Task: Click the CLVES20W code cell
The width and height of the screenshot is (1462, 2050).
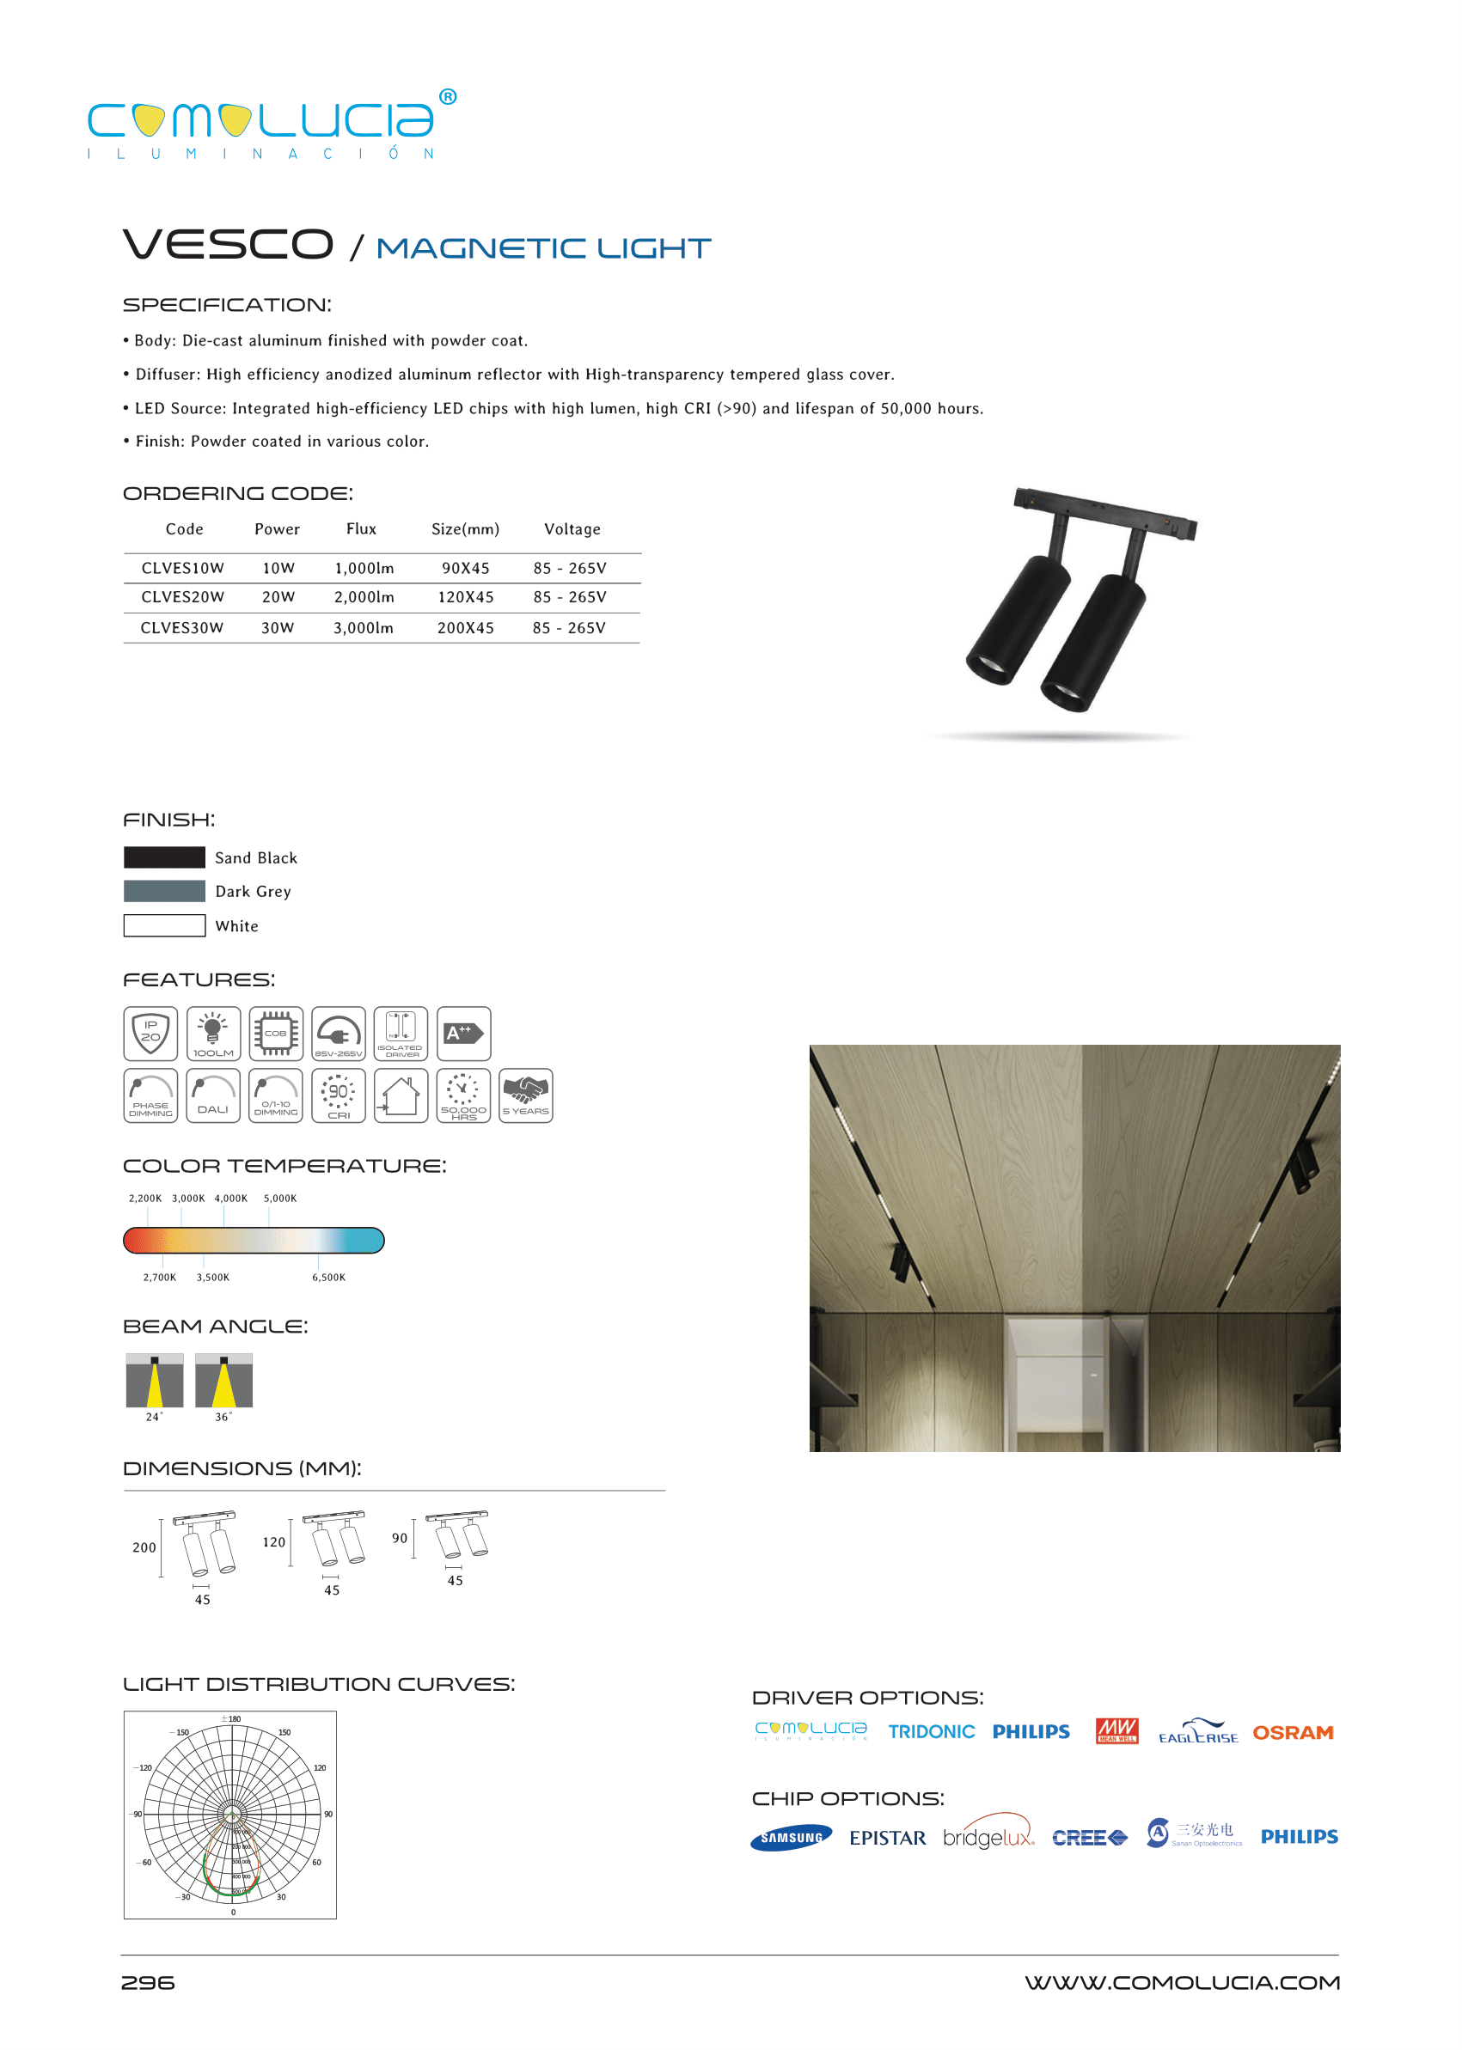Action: pyautogui.click(x=183, y=596)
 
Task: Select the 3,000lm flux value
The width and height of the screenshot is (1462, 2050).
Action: pyautogui.click(x=363, y=627)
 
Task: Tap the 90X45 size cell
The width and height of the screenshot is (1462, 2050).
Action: pyautogui.click(x=466, y=568)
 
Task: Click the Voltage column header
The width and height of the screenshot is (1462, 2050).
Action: pyautogui.click(x=572, y=529)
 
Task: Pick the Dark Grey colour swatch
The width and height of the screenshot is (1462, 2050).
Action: pyautogui.click(x=164, y=891)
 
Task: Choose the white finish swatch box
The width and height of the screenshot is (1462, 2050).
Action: pyautogui.click(x=164, y=925)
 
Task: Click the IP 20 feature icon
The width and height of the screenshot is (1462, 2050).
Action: pyautogui.click(x=150, y=1033)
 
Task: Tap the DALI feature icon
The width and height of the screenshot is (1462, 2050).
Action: pyautogui.click(x=213, y=1095)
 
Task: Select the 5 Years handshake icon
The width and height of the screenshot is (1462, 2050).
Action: pyautogui.click(x=526, y=1095)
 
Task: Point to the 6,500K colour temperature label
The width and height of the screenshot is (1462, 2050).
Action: pyautogui.click(x=328, y=1277)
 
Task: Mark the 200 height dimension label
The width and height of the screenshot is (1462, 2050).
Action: pyautogui.click(x=144, y=1547)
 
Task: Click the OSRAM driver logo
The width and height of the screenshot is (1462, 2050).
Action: pyautogui.click(x=1293, y=1732)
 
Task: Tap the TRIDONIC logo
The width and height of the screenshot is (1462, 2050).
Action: pyautogui.click(x=931, y=1731)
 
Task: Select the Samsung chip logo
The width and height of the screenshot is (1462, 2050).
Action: pyautogui.click(x=791, y=1838)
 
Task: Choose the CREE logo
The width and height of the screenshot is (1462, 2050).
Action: pyautogui.click(x=1089, y=1838)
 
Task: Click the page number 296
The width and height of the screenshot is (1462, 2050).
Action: pyautogui.click(x=148, y=1982)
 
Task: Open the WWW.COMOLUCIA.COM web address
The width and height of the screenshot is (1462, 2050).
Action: pyautogui.click(x=1182, y=1982)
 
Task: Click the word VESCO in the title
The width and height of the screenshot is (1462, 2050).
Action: pyautogui.click(x=228, y=245)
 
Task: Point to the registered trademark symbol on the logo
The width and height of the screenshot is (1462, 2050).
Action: pyautogui.click(x=448, y=97)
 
